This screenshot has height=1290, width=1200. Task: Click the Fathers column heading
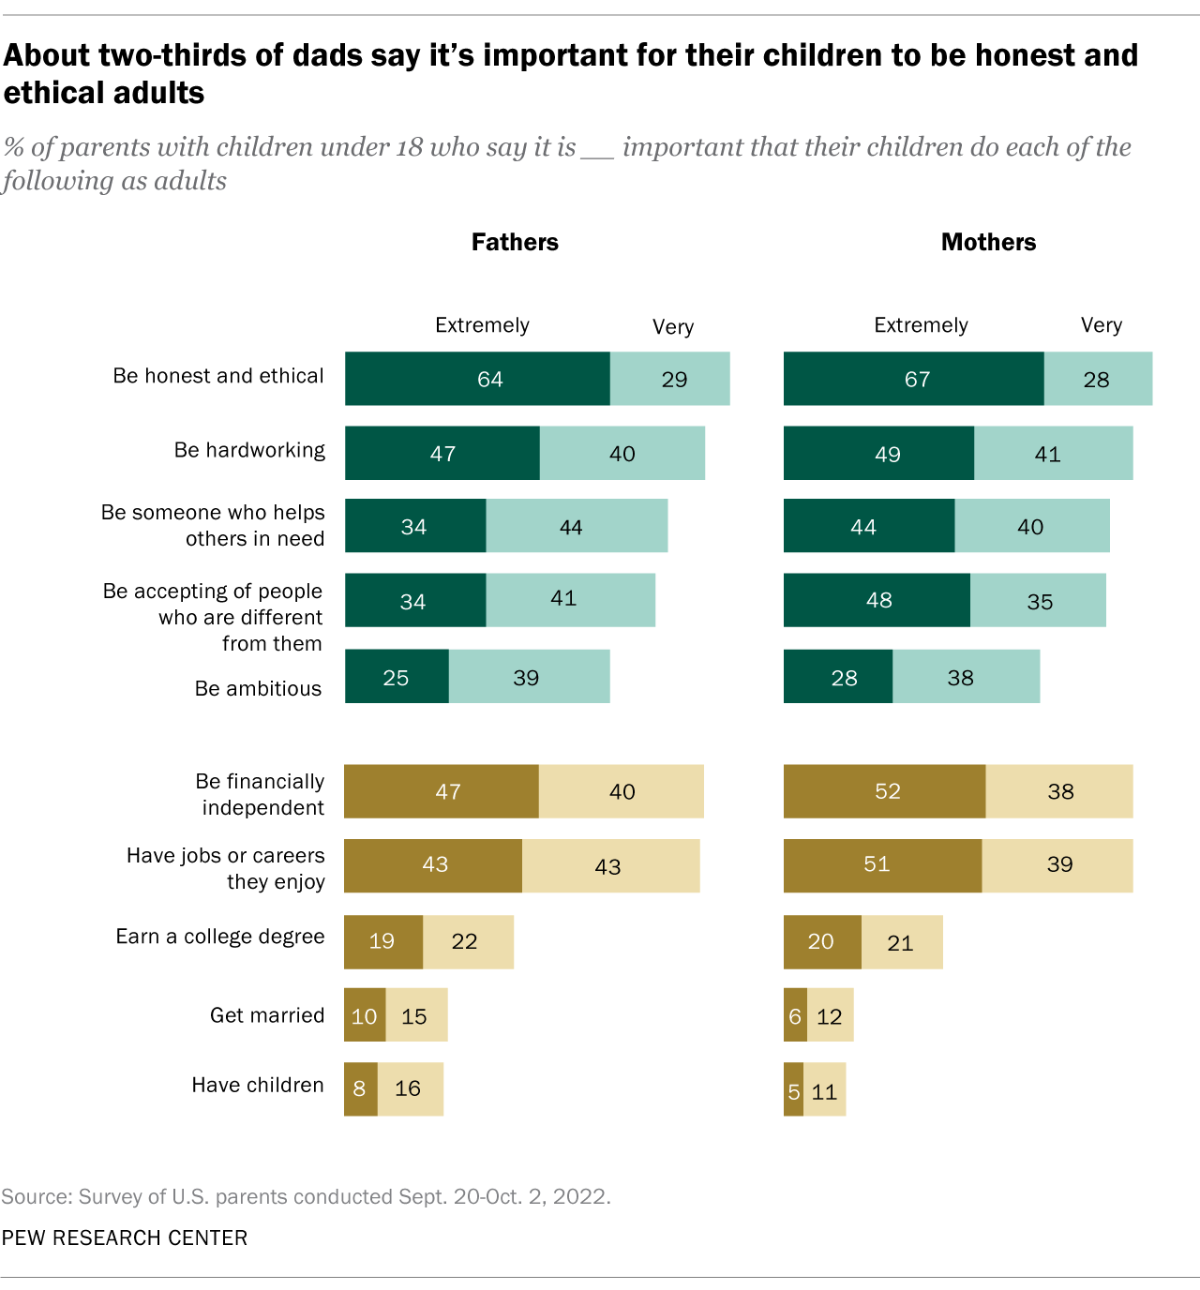(515, 242)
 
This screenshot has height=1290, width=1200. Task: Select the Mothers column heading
(988, 242)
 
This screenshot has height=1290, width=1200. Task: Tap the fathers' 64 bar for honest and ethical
(477, 379)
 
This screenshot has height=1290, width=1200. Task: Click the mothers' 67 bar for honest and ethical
(913, 379)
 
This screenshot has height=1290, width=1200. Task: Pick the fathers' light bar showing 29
(669, 379)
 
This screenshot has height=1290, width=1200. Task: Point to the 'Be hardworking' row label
(249, 450)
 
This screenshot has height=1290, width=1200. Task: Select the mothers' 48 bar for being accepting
(877, 600)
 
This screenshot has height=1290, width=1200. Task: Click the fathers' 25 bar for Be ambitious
(397, 677)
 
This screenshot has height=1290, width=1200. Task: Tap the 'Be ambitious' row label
(258, 688)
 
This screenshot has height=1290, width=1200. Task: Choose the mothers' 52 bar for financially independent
(884, 791)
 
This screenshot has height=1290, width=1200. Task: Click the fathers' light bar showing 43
(610, 866)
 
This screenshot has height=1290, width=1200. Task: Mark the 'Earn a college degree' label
(220, 937)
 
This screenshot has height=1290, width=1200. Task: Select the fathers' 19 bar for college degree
(382, 941)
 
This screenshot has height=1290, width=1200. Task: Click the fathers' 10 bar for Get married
(365, 1015)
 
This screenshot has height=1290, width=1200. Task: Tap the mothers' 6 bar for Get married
(795, 1015)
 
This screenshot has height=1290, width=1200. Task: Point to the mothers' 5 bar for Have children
(793, 1090)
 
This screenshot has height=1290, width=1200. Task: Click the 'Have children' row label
(258, 1085)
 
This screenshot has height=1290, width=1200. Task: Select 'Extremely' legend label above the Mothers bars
(921, 325)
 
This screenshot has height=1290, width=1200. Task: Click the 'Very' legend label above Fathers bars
(673, 327)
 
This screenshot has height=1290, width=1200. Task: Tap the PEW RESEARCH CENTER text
(125, 1237)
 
